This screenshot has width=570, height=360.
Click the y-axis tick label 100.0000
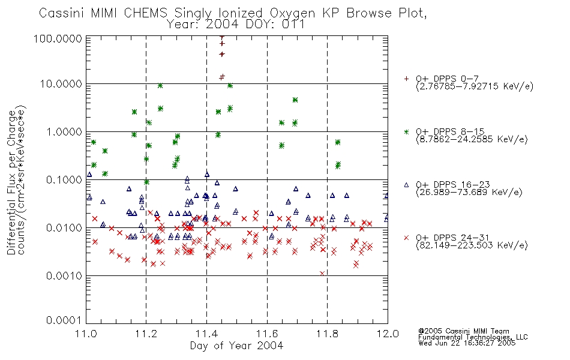58,38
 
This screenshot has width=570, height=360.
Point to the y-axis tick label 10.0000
61,84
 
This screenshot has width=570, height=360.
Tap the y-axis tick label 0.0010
64,276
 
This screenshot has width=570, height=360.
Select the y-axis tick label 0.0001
64,320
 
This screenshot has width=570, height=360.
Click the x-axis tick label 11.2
146,334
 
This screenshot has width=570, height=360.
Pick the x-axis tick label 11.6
267,334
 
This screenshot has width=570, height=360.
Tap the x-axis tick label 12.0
388,334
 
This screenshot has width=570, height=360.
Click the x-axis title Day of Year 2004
236,346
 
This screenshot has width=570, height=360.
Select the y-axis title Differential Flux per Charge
11,182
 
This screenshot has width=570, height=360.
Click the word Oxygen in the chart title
292,13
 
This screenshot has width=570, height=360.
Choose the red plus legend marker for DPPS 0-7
406,79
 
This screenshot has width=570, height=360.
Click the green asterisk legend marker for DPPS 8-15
406,131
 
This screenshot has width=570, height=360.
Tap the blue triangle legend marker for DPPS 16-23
406,185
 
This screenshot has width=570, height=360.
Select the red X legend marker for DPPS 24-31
406,238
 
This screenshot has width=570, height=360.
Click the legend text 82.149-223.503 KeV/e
472,245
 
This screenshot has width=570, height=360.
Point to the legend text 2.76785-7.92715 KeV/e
475,86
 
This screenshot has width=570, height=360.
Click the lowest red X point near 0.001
322,274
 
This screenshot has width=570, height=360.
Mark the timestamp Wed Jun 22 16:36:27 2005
467,343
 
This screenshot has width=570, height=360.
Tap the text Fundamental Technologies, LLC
473,337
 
